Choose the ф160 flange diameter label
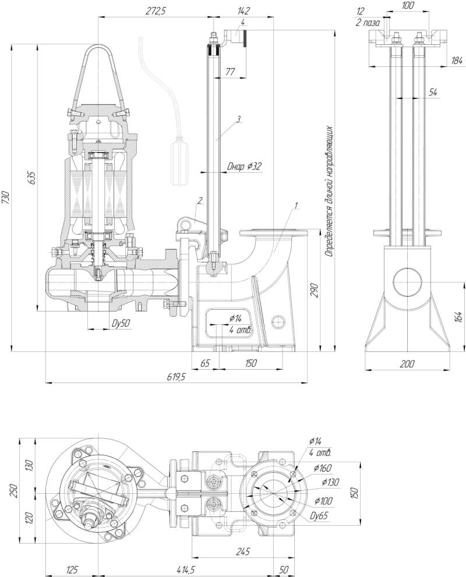322,468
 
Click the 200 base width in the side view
407,364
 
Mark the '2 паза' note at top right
368,23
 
